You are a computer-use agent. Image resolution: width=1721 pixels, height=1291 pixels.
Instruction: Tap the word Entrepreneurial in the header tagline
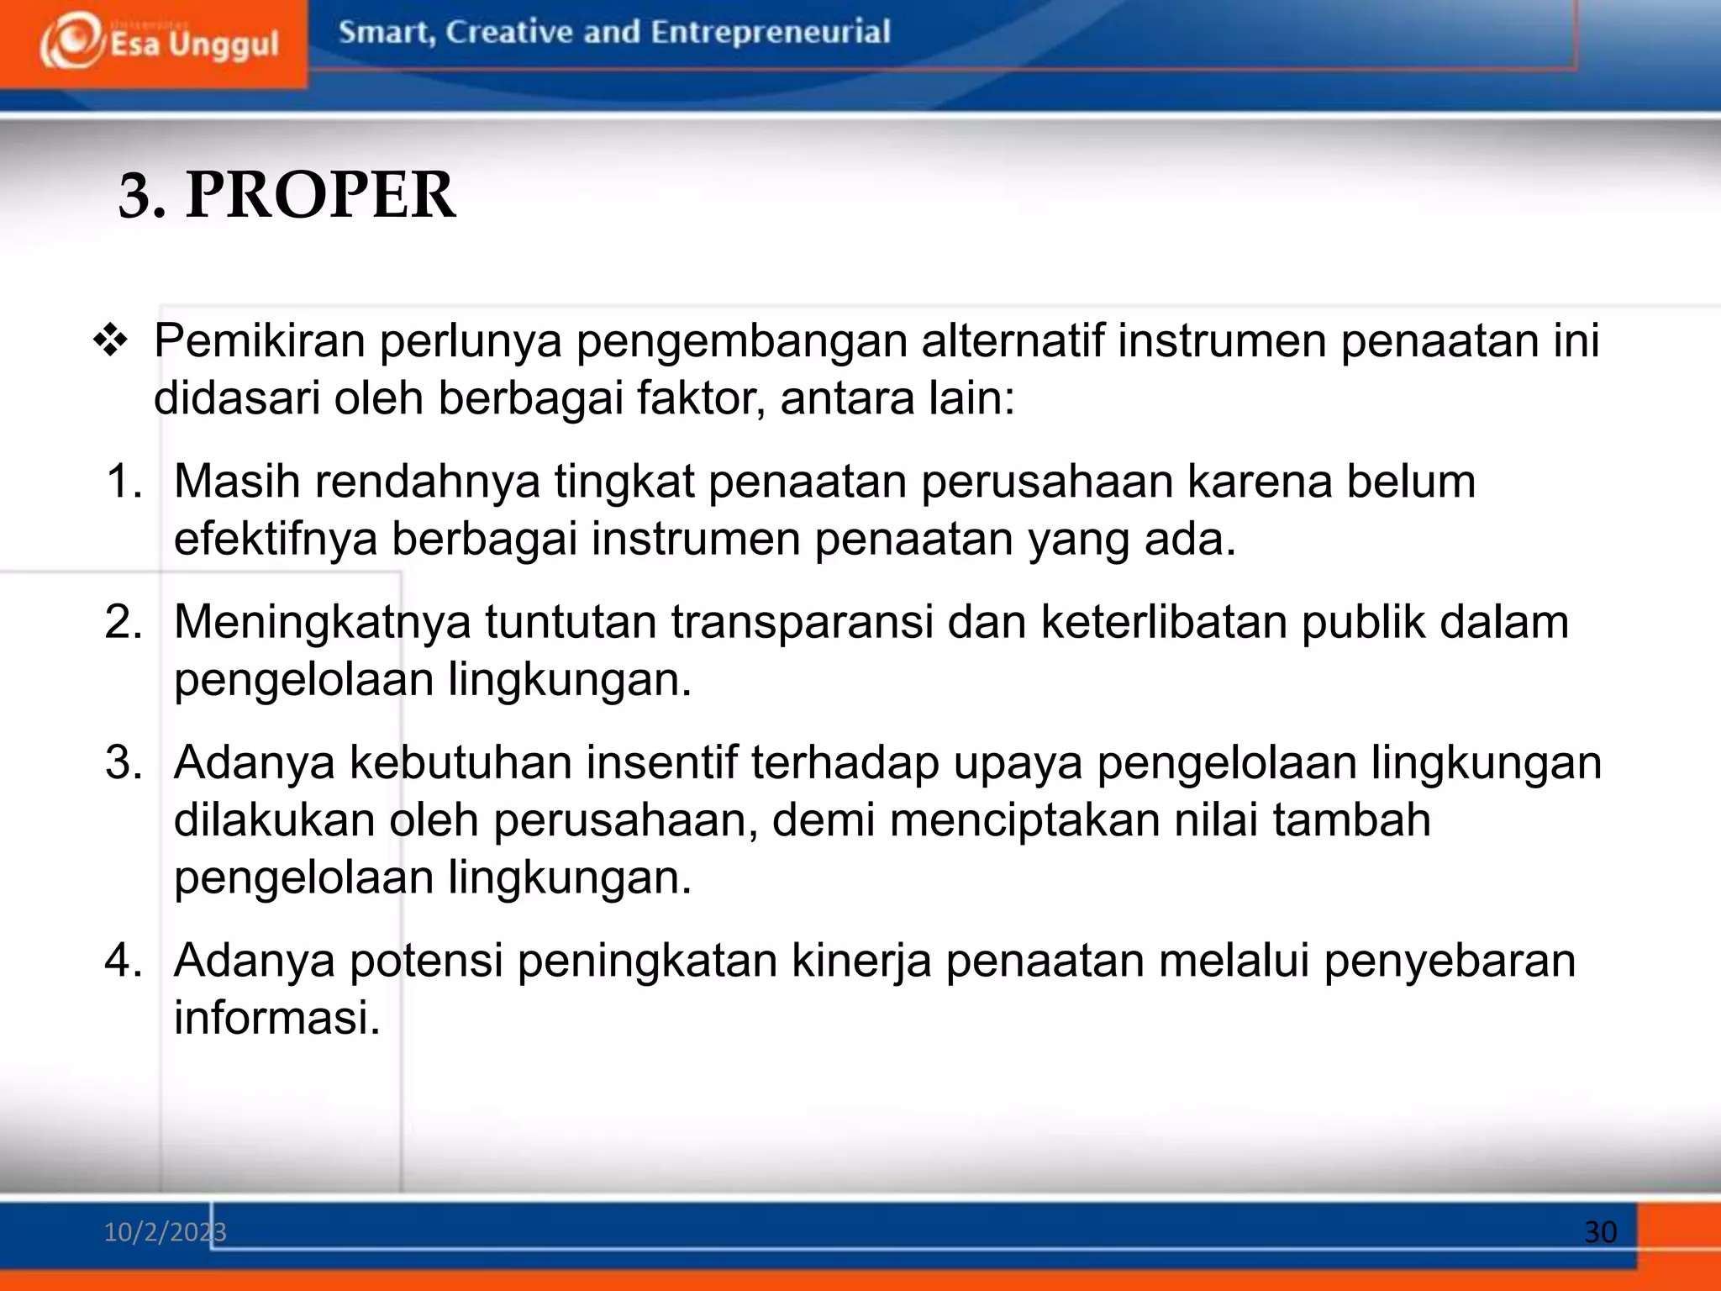[x=770, y=32]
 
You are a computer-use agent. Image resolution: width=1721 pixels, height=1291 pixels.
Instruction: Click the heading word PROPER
[x=320, y=195]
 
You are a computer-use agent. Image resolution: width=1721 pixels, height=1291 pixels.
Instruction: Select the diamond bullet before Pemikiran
[x=110, y=342]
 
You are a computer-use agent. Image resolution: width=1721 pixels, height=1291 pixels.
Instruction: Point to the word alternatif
[x=1012, y=341]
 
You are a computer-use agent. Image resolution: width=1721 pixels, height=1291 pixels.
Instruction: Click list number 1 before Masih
[x=124, y=482]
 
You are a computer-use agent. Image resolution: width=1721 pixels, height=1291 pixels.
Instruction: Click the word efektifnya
[x=276, y=539]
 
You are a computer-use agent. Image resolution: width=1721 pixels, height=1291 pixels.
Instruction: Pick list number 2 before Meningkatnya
[x=124, y=623]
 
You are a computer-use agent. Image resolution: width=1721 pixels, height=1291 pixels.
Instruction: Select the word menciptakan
[x=1024, y=820]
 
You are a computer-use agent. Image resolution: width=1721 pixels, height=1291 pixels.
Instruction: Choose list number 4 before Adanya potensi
[x=124, y=961]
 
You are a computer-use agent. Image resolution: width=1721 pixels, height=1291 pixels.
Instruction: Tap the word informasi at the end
[x=277, y=1018]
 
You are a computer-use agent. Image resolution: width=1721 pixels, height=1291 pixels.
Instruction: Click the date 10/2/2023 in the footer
[x=165, y=1232]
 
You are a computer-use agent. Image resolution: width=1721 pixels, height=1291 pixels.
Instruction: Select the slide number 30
[x=1600, y=1232]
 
